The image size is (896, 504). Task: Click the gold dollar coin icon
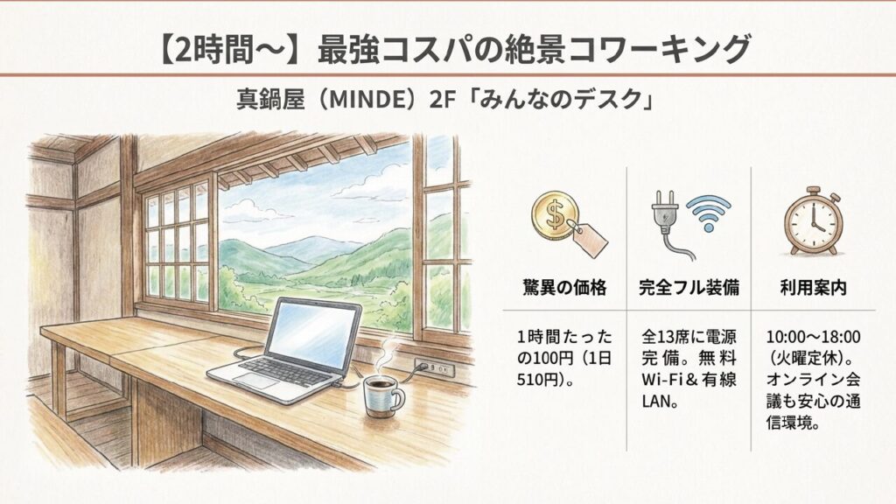click(554, 217)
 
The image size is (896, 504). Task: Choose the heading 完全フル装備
click(689, 286)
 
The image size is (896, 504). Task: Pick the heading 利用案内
click(813, 286)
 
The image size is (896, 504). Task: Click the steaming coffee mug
click(383, 395)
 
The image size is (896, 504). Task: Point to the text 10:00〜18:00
click(813, 337)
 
